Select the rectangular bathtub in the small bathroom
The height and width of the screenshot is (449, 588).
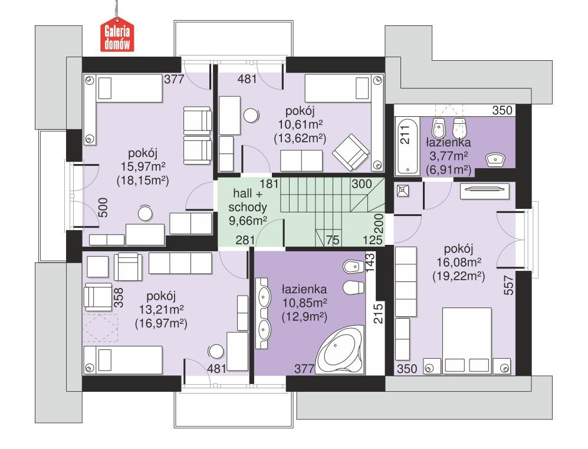pyautogui.click(x=406, y=146)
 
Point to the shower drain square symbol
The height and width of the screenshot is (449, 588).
pyautogui.click(x=403, y=191)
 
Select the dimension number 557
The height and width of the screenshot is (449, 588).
pyautogui.click(x=509, y=286)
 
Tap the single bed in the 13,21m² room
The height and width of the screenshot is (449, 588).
pyautogui.click(x=123, y=360)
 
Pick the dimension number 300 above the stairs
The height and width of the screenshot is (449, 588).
pyautogui.click(x=362, y=183)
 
